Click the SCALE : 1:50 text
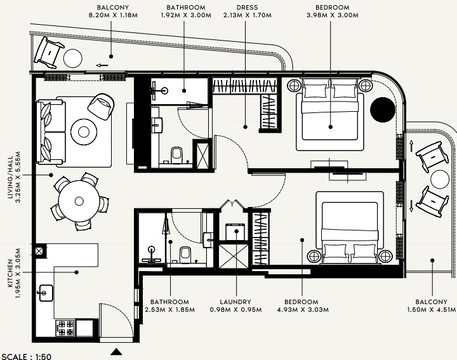(x=26, y=356)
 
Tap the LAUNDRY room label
(x=235, y=302)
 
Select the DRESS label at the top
(x=247, y=7)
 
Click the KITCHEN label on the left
(x=10, y=273)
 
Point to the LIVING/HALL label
(x=10, y=177)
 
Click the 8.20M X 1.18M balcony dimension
(x=113, y=15)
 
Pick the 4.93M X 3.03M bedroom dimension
(x=303, y=310)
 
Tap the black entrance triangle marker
(x=116, y=352)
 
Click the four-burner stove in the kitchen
(x=65, y=328)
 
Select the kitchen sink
(x=46, y=293)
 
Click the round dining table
(x=79, y=201)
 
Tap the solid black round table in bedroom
(x=383, y=110)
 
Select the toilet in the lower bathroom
(x=185, y=255)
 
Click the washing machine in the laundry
(x=235, y=232)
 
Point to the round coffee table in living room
(x=84, y=132)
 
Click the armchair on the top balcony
(x=49, y=53)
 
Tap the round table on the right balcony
(x=440, y=180)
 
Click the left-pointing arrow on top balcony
(x=102, y=65)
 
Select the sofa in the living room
(x=51, y=132)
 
